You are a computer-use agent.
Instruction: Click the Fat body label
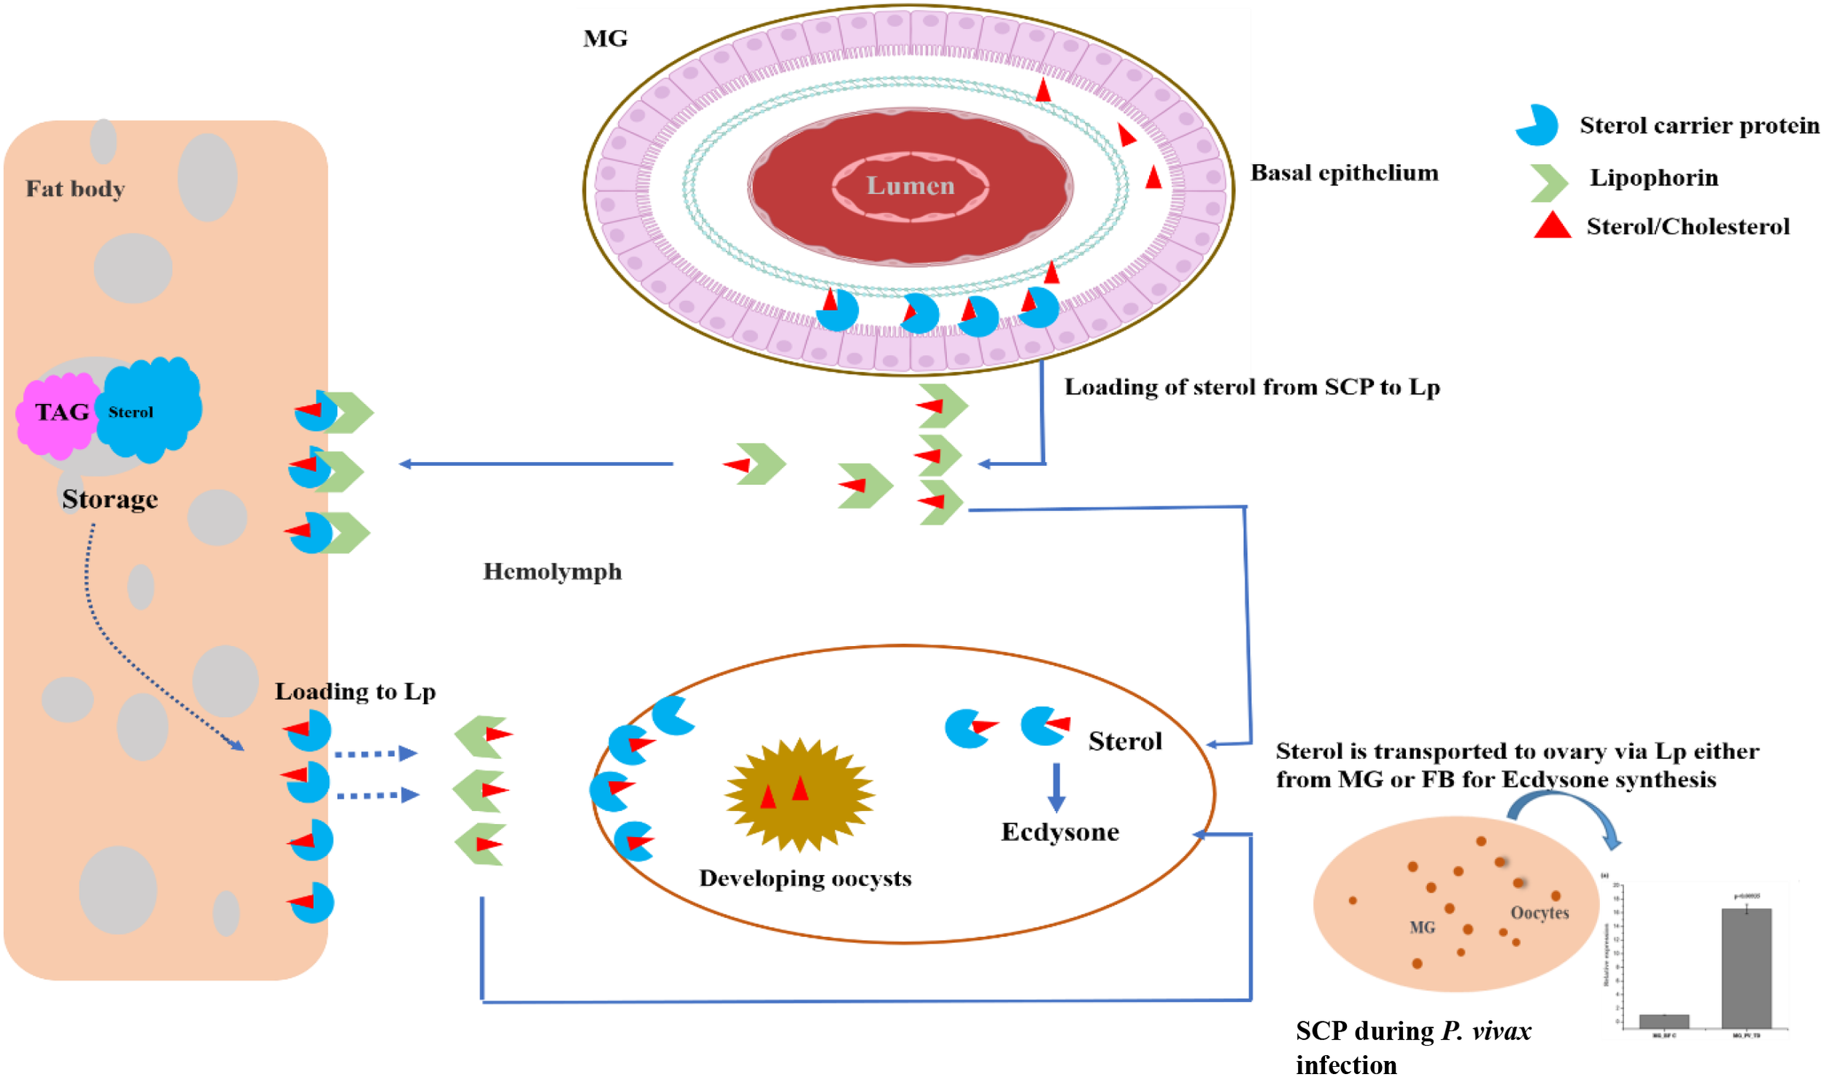(x=75, y=189)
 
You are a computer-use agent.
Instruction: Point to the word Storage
(x=109, y=499)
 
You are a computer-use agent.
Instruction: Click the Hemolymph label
(x=552, y=572)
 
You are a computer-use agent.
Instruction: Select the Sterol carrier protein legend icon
(x=1537, y=125)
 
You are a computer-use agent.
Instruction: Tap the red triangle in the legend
(x=1552, y=226)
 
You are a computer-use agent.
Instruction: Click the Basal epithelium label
(x=1344, y=173)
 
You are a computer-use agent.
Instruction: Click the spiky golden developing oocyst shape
(x=800, y=795)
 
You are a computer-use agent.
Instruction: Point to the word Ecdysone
(x=1059, y=832)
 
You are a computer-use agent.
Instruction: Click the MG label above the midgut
(x=605, y=39)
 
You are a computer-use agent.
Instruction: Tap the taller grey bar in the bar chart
(x=1746, y=968)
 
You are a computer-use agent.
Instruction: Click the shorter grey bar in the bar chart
(x=1663, y=1021)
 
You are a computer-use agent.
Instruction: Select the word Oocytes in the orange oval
(x=1539, y=913)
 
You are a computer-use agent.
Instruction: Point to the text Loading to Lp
(x=355, y=691)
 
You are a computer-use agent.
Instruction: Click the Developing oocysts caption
(x=805, y=878)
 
